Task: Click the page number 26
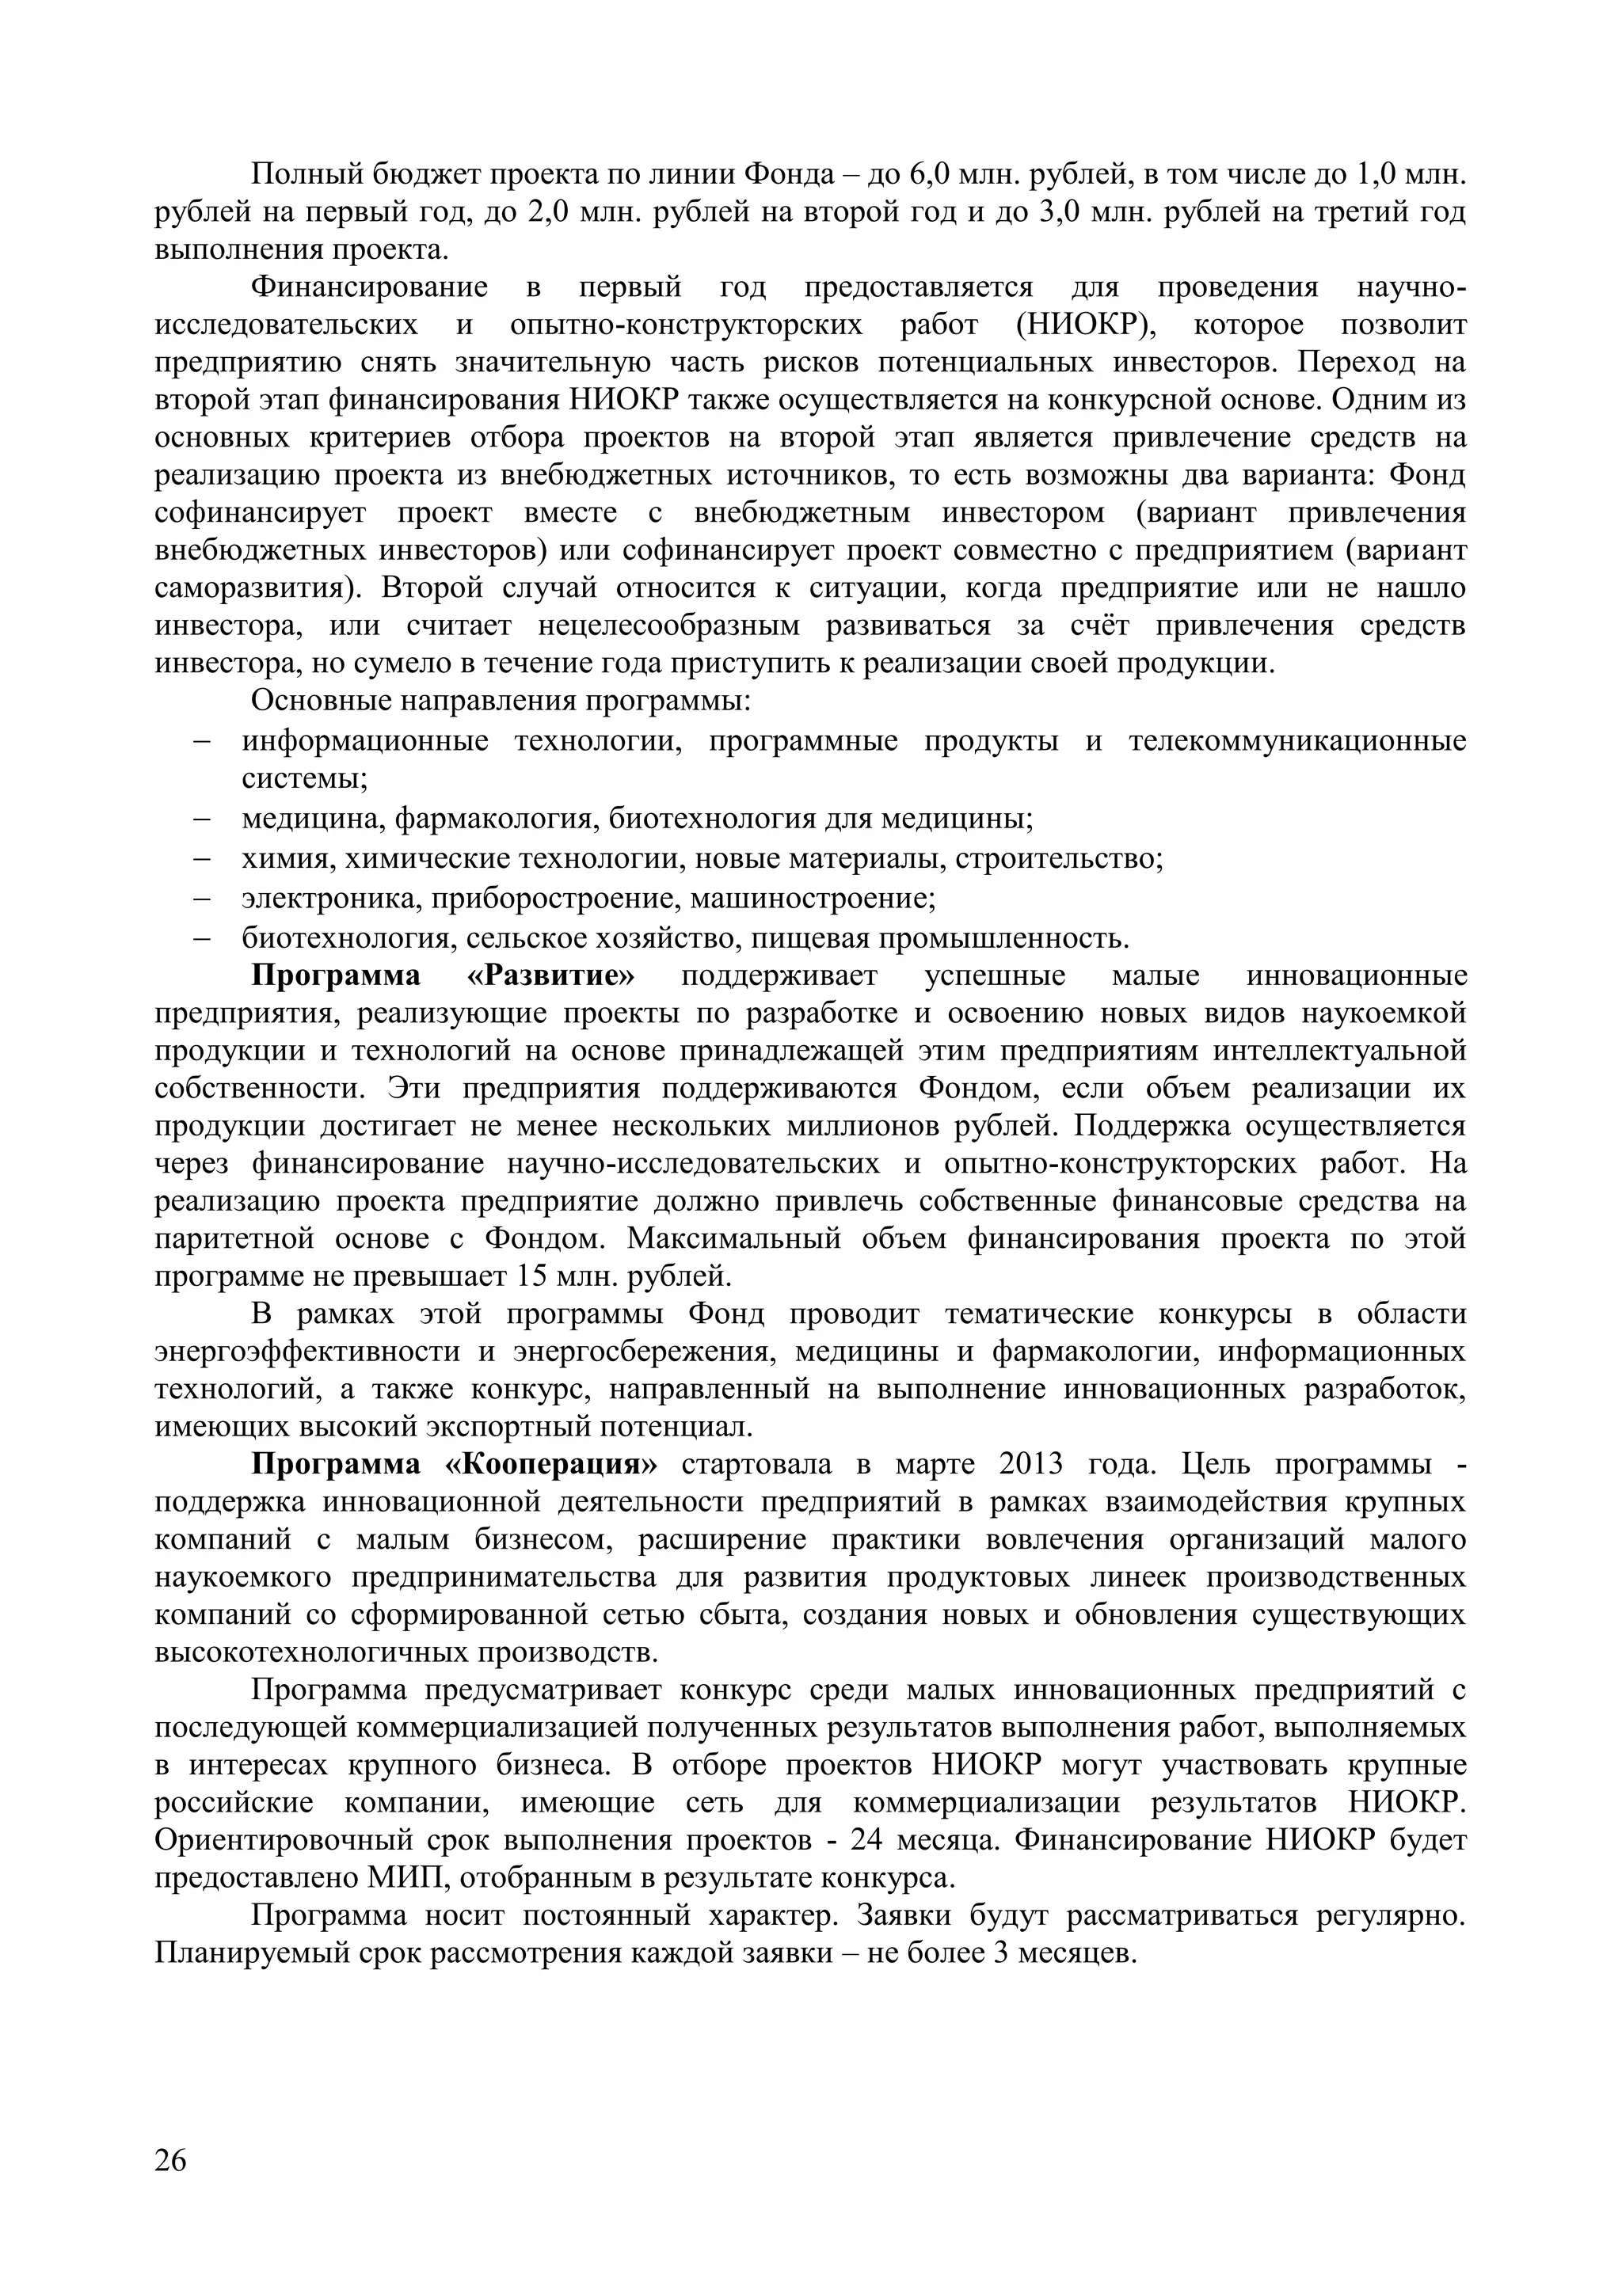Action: [171, 2160]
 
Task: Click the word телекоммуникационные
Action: [1297, 741]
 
